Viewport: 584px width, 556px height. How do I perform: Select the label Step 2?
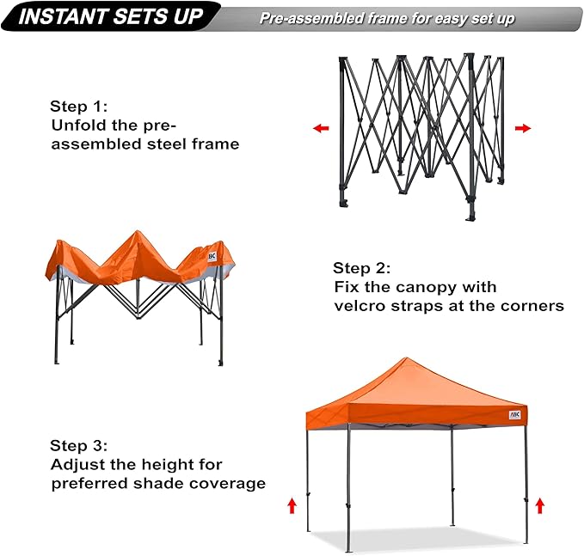coord(362,268)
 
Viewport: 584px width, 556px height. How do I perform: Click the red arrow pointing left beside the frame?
coord(321,128)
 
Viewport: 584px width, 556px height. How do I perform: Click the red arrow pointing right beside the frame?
coord(522,128)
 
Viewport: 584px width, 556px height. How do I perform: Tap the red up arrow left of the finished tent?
coord(292,504)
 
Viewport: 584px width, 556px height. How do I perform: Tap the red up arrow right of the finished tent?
coord(539,504)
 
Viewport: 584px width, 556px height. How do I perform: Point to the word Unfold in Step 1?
coord(76,125)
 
